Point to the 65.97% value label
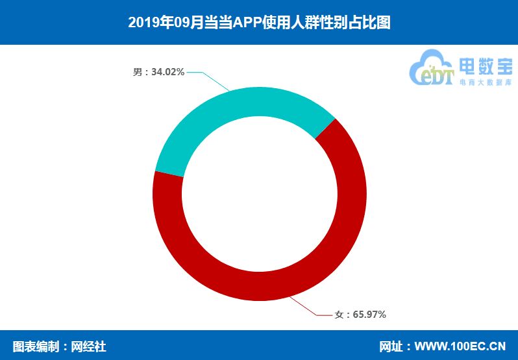coord(369,315)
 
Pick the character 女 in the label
coord(339,315)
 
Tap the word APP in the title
coord(248,23)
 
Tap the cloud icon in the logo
coord(432,68)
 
